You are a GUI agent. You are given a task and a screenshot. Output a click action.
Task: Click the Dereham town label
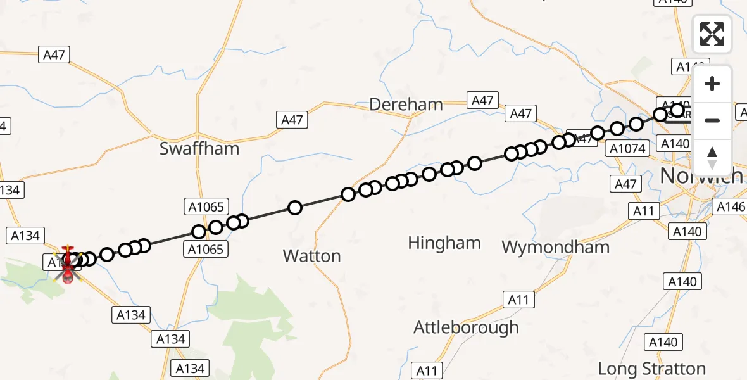[406, 104]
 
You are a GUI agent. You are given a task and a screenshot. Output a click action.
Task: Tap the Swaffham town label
[199, 149]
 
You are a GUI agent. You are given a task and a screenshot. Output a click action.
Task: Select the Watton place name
[311, 256]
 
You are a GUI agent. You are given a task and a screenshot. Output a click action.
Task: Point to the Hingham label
[444, 243]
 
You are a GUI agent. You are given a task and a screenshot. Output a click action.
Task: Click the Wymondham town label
[555, 246]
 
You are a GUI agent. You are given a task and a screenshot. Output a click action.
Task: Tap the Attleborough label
[466, 327]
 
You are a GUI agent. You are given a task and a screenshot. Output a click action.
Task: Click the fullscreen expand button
[712, 34]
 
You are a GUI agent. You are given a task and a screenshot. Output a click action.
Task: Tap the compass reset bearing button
[712, 157]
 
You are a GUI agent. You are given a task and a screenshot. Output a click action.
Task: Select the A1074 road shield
[628, 149]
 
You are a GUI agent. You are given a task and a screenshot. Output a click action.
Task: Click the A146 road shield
[729, 206]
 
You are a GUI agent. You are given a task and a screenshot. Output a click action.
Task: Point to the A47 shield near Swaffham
[292, 120]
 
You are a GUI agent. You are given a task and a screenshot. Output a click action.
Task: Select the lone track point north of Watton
[294, 207]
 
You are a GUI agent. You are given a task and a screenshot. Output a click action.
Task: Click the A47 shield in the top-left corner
[54, 55]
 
